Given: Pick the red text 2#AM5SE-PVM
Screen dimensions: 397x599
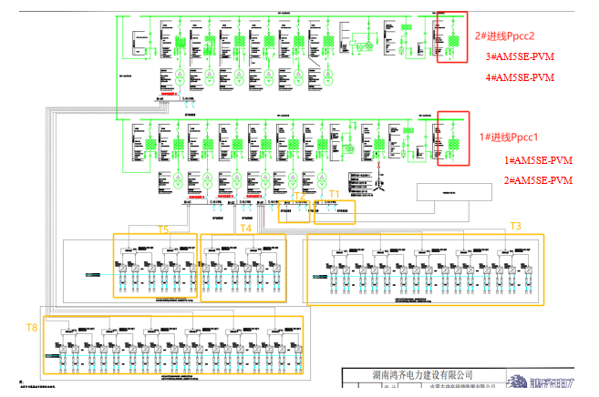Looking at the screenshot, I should [539, 180].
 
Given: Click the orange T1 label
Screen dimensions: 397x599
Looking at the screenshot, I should [334, 194].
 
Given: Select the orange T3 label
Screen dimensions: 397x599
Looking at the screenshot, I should [515, 225].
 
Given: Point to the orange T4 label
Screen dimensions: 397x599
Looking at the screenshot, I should [246, 229].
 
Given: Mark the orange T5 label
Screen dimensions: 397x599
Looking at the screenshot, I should [164, 229].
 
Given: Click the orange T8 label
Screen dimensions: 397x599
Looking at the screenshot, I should [31, 326].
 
